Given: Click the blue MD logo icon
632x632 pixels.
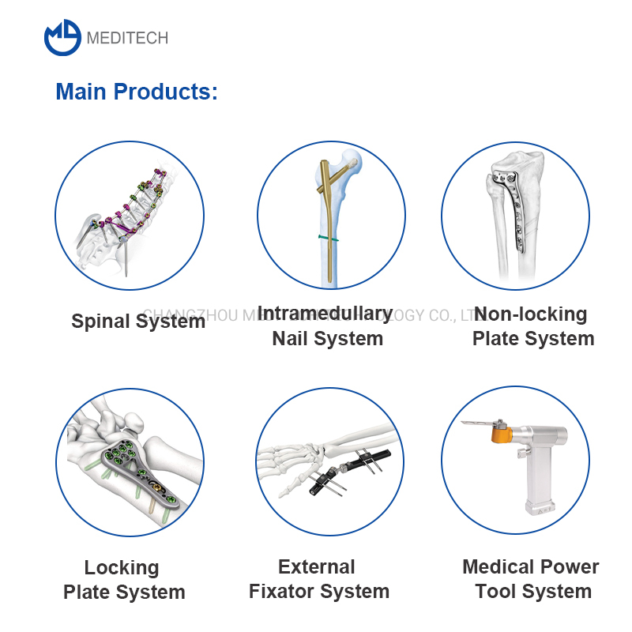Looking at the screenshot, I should (63, 37).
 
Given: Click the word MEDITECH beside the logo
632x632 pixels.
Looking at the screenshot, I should (127, 38).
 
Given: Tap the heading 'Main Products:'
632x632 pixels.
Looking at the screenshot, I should (136, 92).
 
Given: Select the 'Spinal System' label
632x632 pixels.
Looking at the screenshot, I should (138, 322).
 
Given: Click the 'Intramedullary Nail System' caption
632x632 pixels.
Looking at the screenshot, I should (325, 326).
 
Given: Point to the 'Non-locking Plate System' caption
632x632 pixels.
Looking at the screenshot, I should (532, 326).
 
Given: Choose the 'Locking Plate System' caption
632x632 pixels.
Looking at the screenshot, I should (123, 580).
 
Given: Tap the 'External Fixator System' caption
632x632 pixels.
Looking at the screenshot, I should (318, 579).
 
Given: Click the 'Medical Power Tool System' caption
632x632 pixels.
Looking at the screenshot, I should (532, 579).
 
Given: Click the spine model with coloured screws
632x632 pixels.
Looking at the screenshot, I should (130, 213).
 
